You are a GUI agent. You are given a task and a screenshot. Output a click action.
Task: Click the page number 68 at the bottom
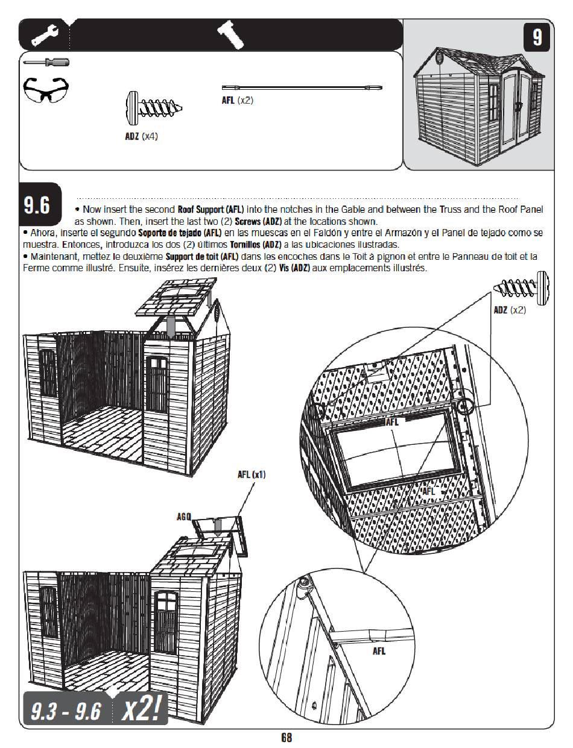pos(286,737)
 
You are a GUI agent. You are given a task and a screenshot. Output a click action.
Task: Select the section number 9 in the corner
pos(536,37)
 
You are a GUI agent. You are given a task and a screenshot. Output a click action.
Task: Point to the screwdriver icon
pos(46,62)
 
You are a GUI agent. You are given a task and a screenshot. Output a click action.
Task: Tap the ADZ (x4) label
pos(141,136)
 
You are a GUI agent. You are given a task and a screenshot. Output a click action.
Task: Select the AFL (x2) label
pos(237,100)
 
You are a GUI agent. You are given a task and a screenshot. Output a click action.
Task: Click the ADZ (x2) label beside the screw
pos(510,310)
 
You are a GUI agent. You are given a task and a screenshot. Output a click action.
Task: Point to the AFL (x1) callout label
pos(252,475)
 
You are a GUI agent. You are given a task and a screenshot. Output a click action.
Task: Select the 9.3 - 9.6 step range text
pos(66,711)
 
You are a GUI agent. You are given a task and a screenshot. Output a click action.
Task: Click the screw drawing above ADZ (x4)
pos(154,108)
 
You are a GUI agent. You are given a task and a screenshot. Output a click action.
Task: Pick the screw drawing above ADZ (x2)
pos(521,288)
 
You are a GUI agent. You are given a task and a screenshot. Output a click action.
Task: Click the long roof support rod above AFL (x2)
pos(302,87)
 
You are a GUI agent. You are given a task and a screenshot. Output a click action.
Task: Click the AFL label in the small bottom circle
pos(379,651)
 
